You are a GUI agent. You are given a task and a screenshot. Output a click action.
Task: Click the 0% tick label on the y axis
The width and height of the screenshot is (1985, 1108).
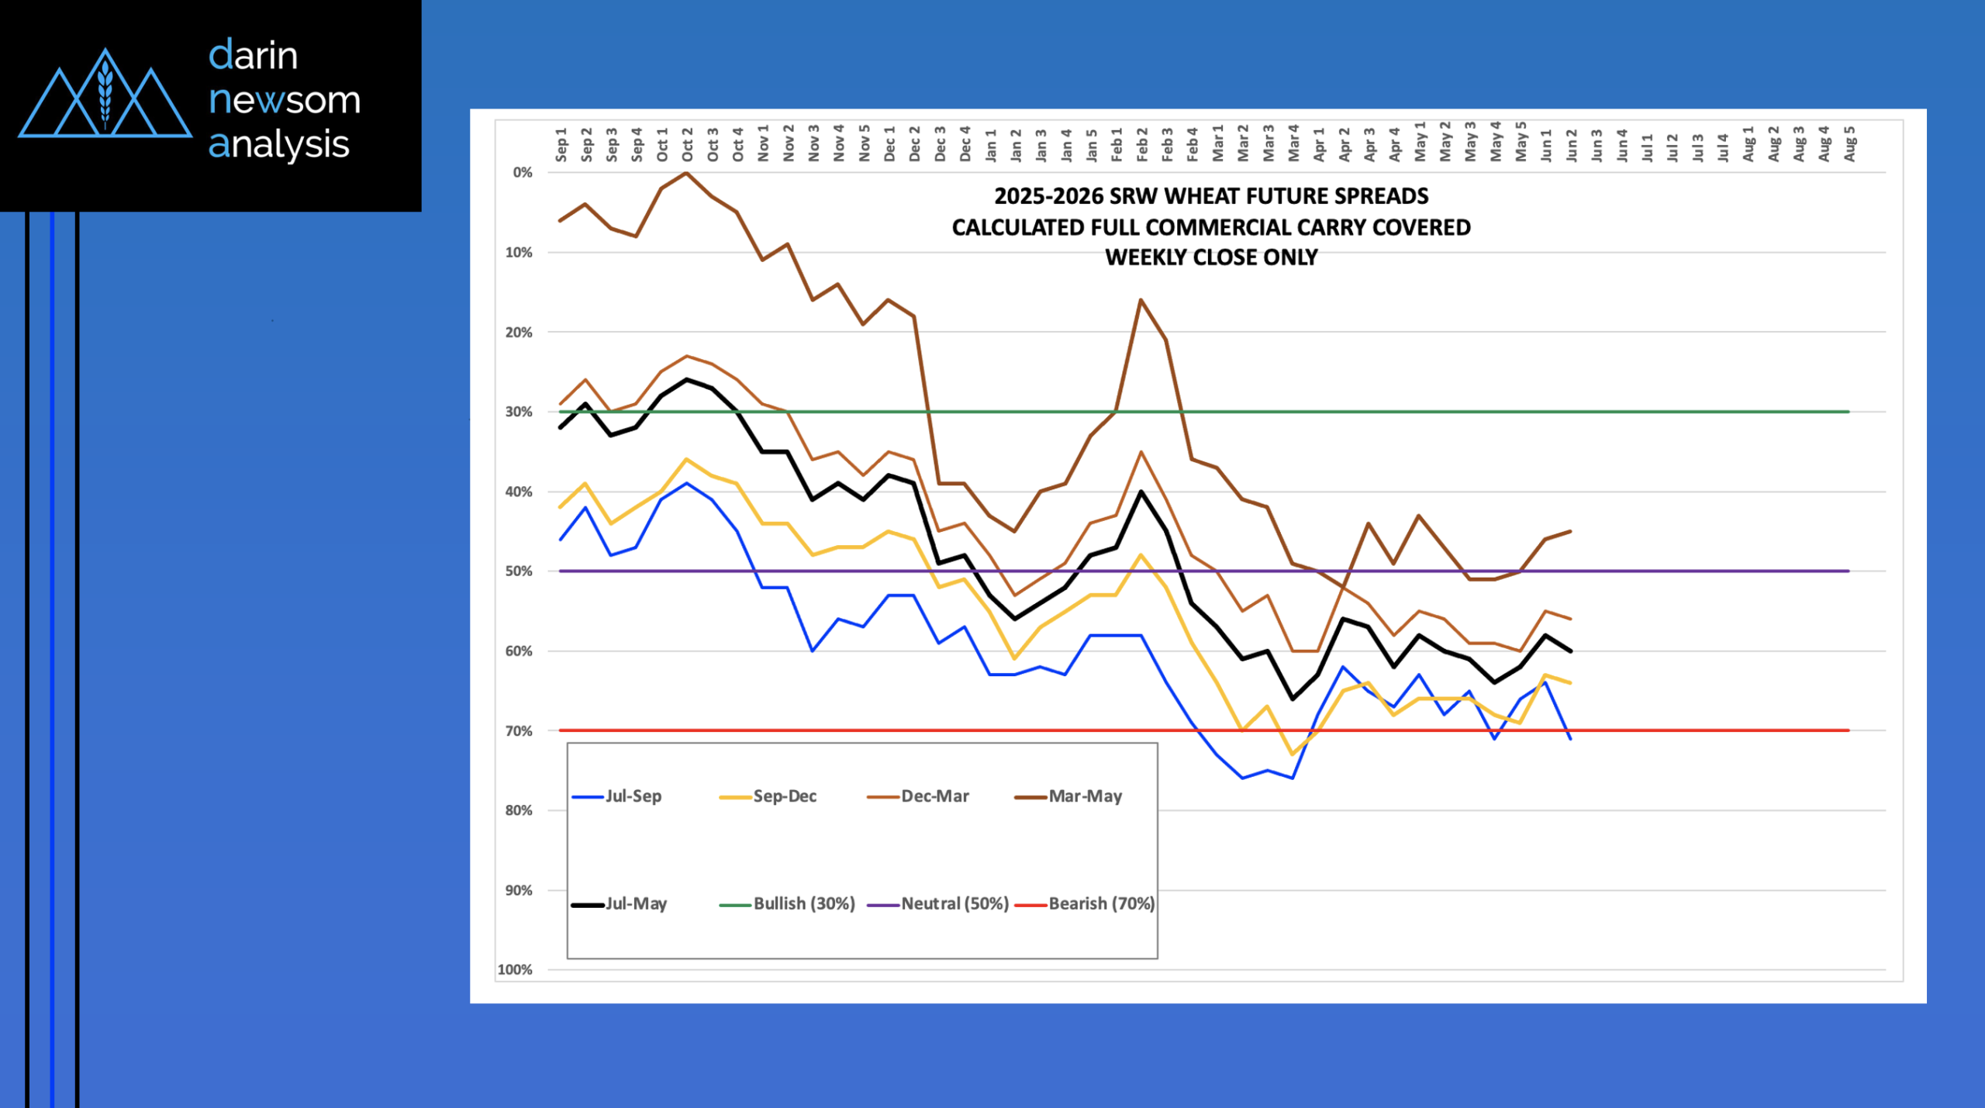tap(523, 173)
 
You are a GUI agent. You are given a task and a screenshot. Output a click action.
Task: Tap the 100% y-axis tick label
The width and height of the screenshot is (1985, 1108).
tap(515, 970)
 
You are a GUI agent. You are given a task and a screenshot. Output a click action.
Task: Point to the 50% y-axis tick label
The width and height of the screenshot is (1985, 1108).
tap(519, 571)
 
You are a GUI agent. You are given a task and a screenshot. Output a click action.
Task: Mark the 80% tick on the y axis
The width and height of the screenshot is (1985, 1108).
tap(519, 811)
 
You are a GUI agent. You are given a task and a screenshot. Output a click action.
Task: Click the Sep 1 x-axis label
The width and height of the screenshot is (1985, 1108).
tap(561, 145)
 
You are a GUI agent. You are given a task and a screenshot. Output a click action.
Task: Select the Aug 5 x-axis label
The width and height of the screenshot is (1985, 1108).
tap(1850, 144)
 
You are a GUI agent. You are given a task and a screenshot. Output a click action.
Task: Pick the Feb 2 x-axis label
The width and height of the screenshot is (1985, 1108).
tap(1141, 145)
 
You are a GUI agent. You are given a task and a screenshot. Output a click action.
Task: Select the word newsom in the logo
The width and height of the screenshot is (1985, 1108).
tap(285, 101)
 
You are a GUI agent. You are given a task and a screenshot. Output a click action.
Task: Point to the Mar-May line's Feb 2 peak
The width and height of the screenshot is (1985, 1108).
tap(1141, 300)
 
